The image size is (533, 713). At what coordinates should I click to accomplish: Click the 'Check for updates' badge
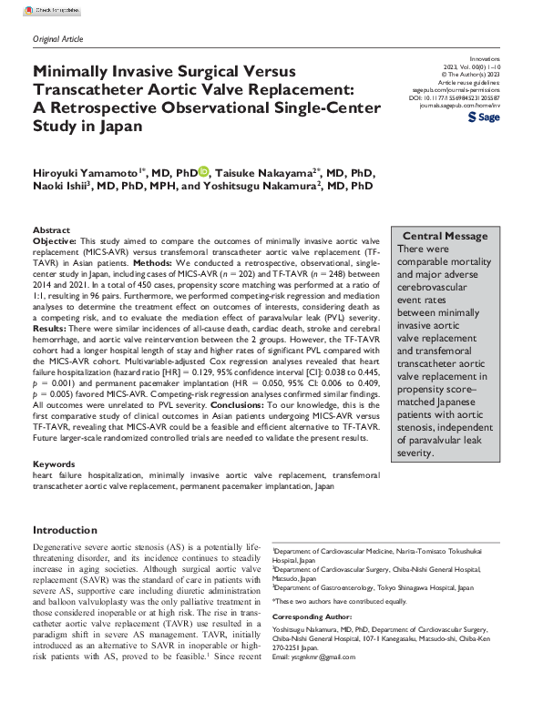point(51,8)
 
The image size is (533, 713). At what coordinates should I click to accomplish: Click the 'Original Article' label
point(56,38)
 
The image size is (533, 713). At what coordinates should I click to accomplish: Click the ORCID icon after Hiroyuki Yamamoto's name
point(203,170)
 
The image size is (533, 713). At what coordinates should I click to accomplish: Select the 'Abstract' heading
point(51,230)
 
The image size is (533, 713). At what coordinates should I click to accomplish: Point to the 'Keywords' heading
point(54,463)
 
